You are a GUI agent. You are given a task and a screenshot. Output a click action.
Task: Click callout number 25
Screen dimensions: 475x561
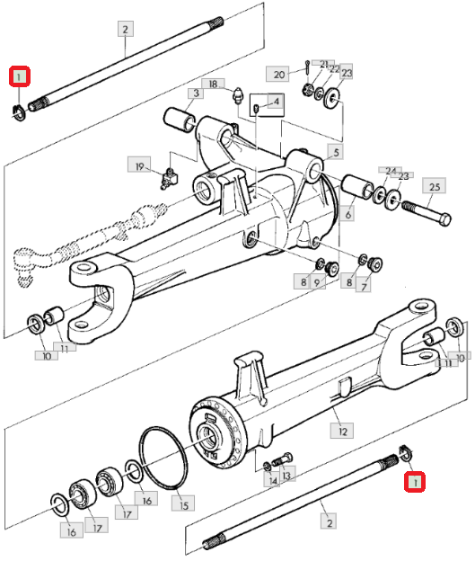435,186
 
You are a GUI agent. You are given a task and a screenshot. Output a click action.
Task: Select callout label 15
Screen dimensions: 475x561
183,504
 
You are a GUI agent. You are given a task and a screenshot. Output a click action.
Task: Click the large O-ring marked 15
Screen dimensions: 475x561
163,458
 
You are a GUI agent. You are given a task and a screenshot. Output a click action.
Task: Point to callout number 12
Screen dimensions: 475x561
342,431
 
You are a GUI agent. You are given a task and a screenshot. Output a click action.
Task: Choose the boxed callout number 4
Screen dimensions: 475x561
276,102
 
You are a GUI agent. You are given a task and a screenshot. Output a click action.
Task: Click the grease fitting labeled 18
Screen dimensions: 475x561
237,95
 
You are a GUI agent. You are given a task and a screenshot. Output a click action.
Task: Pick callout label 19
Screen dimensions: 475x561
139,165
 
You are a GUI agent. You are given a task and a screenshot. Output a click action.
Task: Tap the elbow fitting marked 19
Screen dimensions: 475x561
170,177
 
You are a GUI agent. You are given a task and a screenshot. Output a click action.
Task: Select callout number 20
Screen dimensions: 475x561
278,74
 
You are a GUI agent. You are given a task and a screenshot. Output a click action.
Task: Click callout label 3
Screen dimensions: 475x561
197,93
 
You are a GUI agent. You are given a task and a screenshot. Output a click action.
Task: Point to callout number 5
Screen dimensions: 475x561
336,152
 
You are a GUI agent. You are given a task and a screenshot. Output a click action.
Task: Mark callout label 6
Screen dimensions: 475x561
347,214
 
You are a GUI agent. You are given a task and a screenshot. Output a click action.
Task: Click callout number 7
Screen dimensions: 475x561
364,287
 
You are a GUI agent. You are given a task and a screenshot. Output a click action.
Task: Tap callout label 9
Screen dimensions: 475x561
317,282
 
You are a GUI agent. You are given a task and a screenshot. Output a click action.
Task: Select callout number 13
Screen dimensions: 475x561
286,474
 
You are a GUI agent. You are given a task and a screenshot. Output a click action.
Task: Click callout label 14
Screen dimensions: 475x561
272,480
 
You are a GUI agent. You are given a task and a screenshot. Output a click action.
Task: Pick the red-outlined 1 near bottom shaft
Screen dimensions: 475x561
415,482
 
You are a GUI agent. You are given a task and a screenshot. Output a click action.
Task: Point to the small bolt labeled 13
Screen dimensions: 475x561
282,459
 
